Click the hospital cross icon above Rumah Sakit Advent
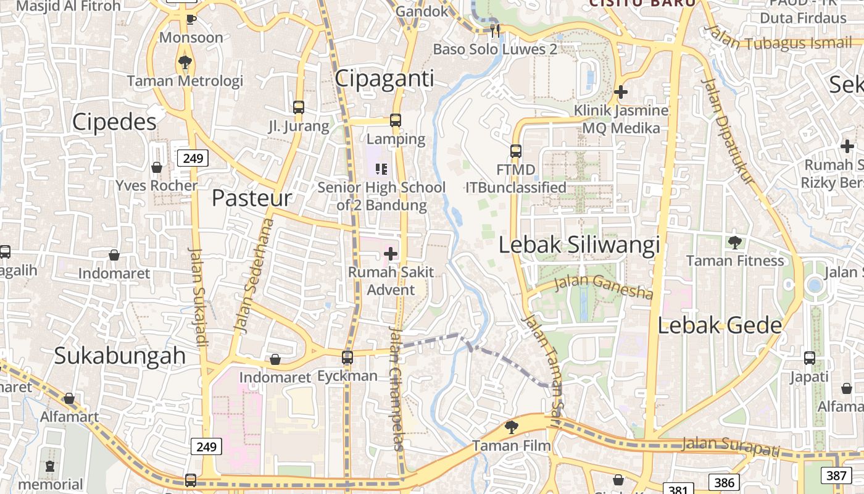(391, 253)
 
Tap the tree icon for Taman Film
(511, 427)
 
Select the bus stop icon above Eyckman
(347, 357)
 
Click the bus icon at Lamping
(396, 120)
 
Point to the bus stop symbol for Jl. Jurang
(299, 107)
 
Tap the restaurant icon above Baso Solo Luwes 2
(494, 30)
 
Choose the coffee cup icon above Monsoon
(191, 19)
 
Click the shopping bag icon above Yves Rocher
(157, 167)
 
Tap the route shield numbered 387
(836, 475)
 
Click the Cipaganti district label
(384, 78)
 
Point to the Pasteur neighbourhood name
(251, 198)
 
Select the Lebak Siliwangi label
(579, 245)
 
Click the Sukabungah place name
(120, 356)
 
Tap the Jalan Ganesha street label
(604, 287)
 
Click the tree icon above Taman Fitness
(734, 242)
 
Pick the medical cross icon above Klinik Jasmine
(621, 92)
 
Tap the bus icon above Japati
(810, 358)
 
